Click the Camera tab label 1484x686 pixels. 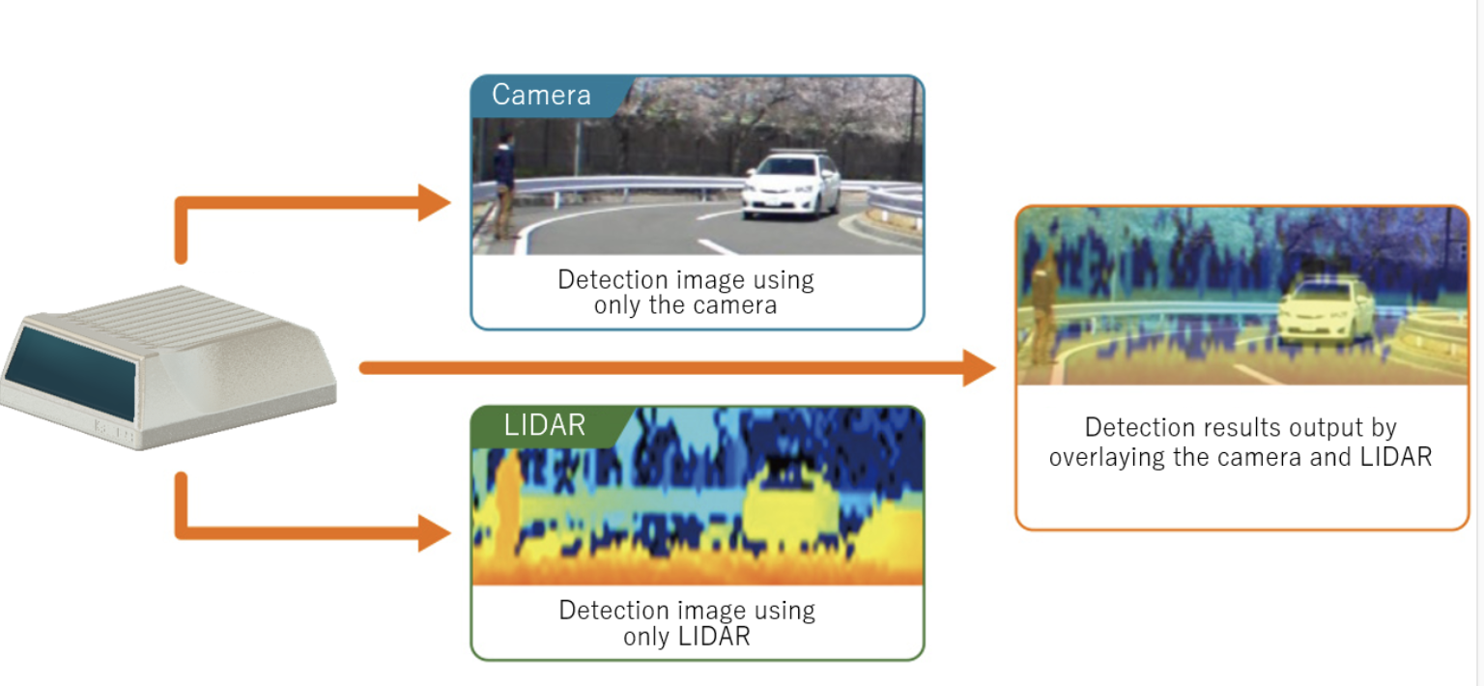[541, 95]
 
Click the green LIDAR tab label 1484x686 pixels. [545, 425]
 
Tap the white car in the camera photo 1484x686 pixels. [791, 185]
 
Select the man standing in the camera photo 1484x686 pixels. [505, 185]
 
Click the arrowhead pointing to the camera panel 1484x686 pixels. [434, 202]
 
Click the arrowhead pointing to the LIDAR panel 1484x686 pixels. [434, 533]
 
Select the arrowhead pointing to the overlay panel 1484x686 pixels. [979, 368]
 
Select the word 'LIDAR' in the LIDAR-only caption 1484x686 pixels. [714, 637]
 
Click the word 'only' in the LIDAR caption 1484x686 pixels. [646, 637]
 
